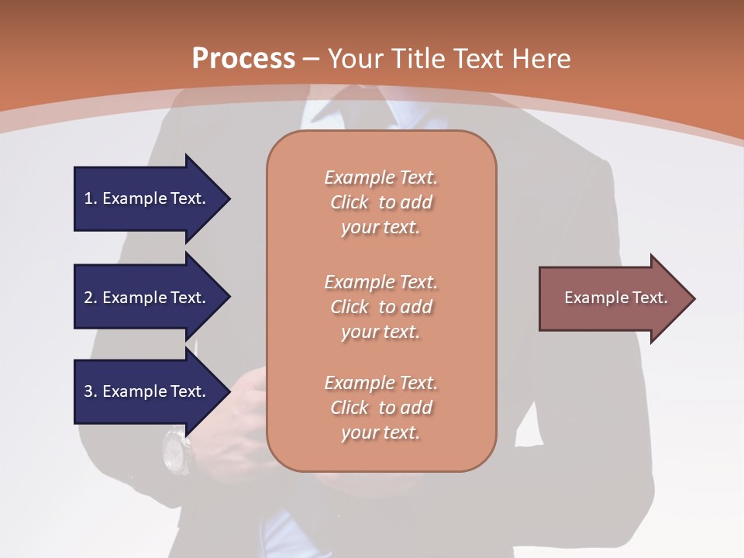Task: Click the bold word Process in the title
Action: (x=243, y=59)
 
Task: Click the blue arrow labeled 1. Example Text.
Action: (x=147, y=198)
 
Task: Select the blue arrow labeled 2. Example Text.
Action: (x=147, y=298)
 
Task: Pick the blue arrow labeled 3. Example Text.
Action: (x=147, y=391)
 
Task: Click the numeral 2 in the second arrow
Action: (x=88, y=298)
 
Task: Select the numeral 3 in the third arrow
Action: (x=88, y=391)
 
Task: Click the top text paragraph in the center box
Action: (x=381, y=202)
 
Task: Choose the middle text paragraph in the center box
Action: (x=381, y=307)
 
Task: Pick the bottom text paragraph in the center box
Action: (x=381, y=408)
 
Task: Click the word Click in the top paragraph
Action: (x=350, y=202)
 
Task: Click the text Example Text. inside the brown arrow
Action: (x=615, y=298)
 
